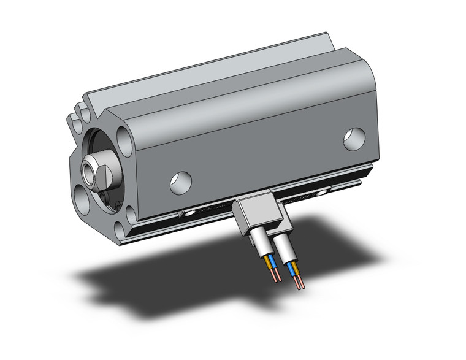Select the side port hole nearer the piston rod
tap(180, 182)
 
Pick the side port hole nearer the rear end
tap(354, 139)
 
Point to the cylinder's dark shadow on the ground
tap(184, 288)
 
